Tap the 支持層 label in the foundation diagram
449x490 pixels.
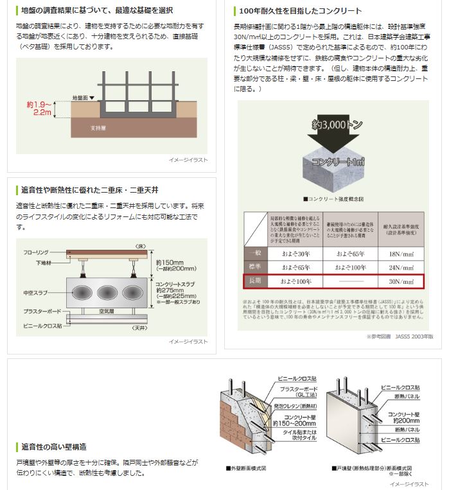[x=98, y=128]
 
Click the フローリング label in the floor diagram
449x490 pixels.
[x=38, y=253]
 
